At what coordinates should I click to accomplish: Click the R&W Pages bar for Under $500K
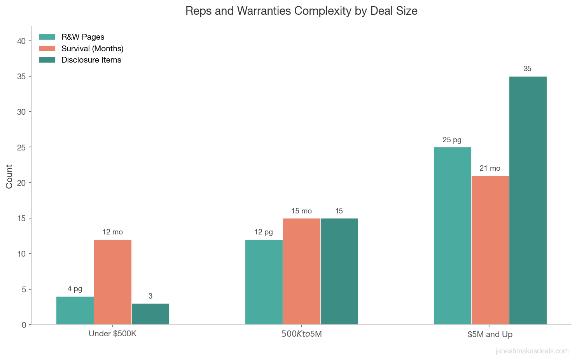[75, 310]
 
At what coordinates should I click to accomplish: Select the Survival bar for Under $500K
[113, 282]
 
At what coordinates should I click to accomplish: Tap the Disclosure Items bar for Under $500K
[150, 314]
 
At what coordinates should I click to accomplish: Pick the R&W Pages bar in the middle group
[264, 282]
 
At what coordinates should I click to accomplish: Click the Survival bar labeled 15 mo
[302, 271]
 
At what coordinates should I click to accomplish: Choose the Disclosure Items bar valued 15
[339, 271]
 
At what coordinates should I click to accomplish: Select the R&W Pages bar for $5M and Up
[453, 236]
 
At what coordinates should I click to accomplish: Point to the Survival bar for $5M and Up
[490, 250]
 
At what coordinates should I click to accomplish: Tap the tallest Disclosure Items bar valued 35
[528, 200]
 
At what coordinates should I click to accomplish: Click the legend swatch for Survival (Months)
[47, 49]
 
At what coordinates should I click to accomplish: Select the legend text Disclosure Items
[91, 60]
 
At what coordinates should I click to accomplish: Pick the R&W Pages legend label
[83, 37]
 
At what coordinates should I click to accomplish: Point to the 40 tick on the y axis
[22, 41]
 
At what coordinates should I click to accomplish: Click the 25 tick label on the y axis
[22, 148]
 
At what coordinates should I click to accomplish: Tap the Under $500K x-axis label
[113, 334]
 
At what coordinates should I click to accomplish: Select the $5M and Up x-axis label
[490, 334]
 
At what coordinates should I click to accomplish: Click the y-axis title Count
[9, 176]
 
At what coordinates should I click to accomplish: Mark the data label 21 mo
[490, 168]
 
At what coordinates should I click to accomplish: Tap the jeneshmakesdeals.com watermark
[532, 351]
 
